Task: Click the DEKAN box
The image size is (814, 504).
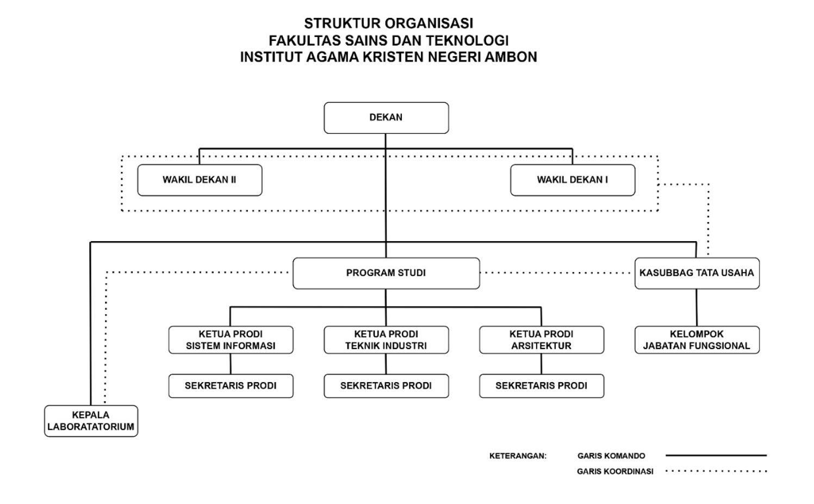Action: point(386,118)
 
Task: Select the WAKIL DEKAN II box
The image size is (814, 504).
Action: point(200,180)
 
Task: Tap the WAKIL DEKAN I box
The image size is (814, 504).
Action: point(573,180)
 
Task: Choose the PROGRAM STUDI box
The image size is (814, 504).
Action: point(386,273)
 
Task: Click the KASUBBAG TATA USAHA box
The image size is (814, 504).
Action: point(697,273)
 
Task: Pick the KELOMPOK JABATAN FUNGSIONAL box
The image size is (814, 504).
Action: point(697,340)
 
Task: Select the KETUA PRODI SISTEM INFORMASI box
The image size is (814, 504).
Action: point(231,340)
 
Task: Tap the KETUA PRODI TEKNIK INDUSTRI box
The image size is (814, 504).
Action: point(386,340)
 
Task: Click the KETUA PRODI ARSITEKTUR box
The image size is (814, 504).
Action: point(542,340)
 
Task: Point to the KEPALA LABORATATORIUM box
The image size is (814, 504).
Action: point(91,421)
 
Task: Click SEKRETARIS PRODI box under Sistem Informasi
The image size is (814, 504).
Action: point(231,386)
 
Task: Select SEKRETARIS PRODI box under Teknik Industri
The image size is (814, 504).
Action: point(386,386)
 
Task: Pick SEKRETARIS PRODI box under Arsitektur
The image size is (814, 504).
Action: point(542,386)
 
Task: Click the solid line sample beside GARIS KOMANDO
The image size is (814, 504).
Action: point(716,455)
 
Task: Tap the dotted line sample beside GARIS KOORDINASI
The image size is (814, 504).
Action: point(716,471)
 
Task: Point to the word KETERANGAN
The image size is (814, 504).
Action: point(518,456)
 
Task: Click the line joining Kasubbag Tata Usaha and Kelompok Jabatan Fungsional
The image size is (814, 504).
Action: point(697,308)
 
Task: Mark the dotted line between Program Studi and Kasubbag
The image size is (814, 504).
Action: point(557,273)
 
